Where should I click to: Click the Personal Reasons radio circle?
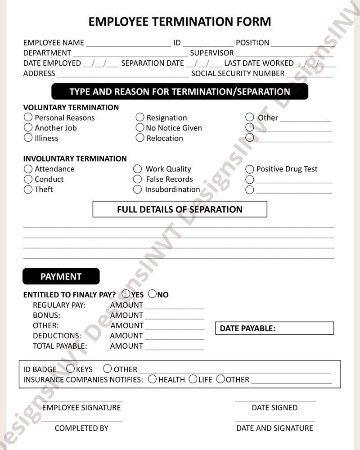(x=28, y=117)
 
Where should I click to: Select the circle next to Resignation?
(x=140, y=117)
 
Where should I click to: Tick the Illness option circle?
(x=28, y=138)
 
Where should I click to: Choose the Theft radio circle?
(x=28, y=189)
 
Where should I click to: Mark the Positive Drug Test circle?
(x=250, y=169)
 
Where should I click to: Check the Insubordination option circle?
(x=138, y=189)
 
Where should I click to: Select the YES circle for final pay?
(x=126, y=294)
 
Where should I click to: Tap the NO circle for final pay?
(x=152, y=294)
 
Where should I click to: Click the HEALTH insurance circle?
(x=153, y=379)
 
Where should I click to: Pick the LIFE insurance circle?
(x=193, y=379)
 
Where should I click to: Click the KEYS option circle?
(x=71, y=369)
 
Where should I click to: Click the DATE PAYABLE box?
(x=274, y=328)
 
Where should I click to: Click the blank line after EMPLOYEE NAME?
(x=128, y=45)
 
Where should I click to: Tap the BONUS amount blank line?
(x=175, y=319)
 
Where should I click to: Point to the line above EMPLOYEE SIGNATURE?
(x=82, y=400)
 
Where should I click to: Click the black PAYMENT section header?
(x=61, y=276)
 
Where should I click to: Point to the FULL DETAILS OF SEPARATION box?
(x=180, y=209)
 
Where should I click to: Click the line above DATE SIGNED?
(x=275, y=400)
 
